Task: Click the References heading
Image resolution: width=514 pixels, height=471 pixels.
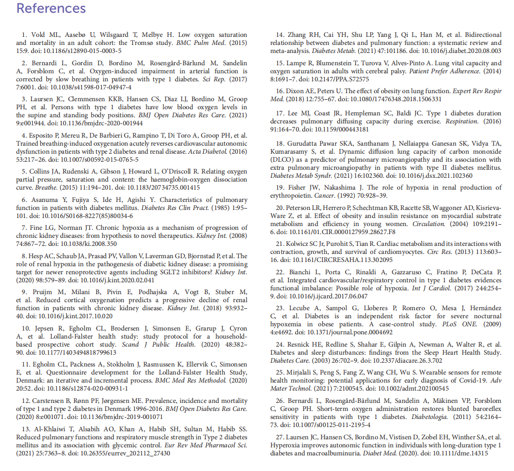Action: point(51,9)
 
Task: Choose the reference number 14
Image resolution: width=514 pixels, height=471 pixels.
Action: point(282,35)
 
